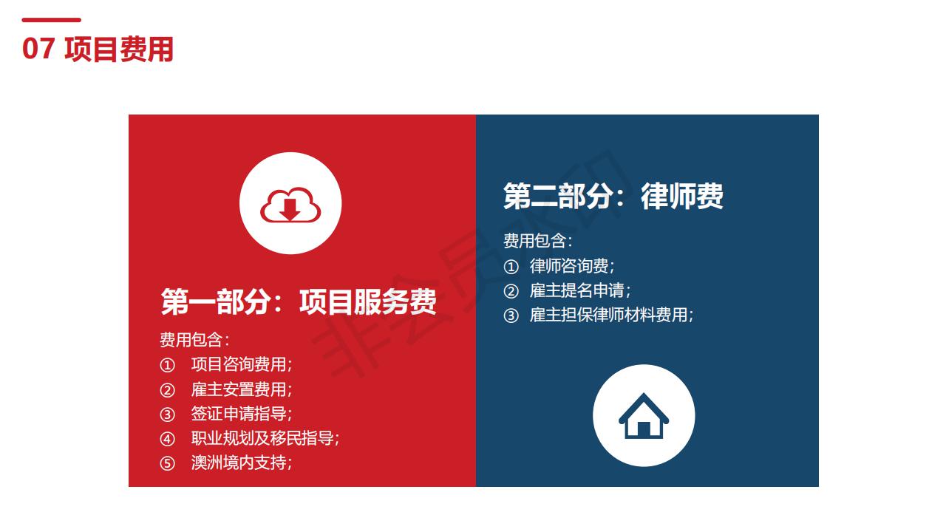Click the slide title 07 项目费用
tap(98, 50)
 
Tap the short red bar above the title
tap(51, 20)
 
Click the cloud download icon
tap(290, 205)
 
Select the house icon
tap(644, 416)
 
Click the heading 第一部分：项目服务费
tap(299, 302)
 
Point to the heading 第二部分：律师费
tap(613, 196)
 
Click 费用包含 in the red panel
tap(194, 340)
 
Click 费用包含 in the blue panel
tap(537, 241)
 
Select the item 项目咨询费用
tap(241, 364)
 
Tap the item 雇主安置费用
tap(241, 389)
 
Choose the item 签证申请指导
tap(241, 414)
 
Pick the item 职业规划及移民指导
tap(265, 438)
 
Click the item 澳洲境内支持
tap(241, 463)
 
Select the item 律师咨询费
tap(572, 266)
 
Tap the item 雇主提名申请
tap(580, 290)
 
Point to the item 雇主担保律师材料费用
tap(611, 315)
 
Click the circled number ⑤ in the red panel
tap(167, 463)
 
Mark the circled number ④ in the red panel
tap(167, 439)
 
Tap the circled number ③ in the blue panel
tap(511, 316)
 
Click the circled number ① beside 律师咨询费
tap(511, 267)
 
